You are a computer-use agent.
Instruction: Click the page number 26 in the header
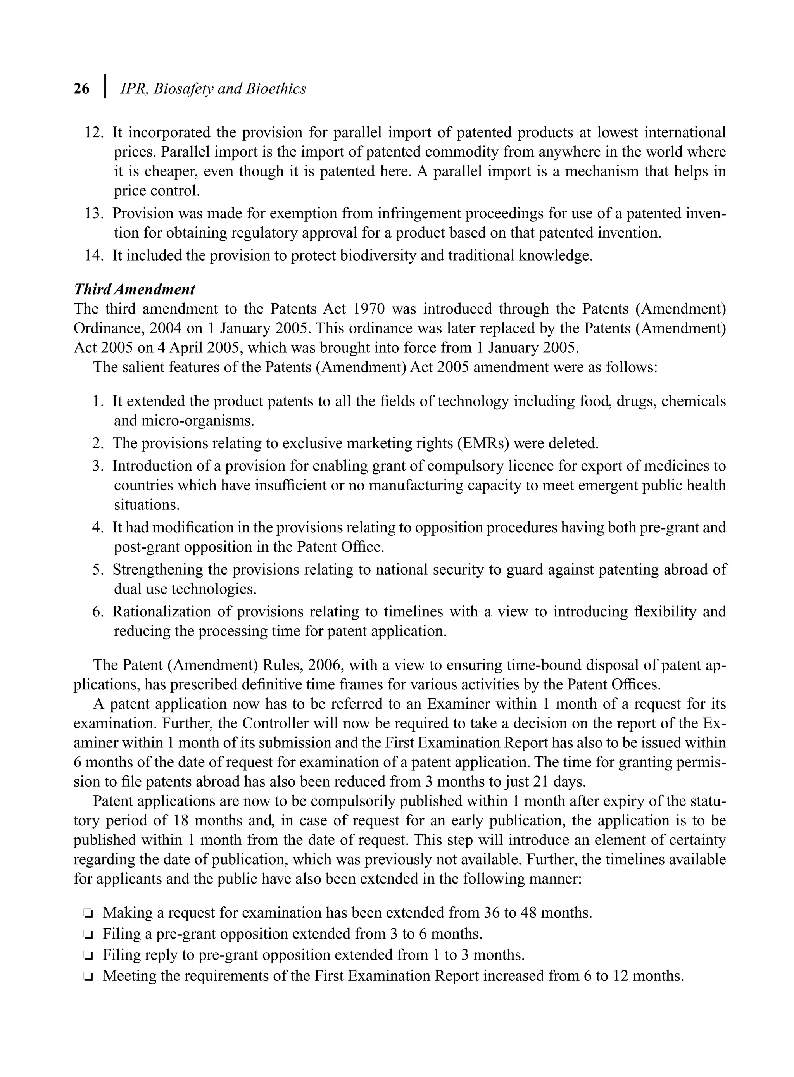[82, 89]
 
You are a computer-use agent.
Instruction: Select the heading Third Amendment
[134, 289]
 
